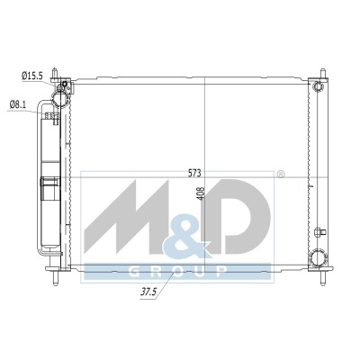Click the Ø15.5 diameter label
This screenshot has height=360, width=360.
point(32,76)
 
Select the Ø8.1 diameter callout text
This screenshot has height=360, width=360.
point(18,104)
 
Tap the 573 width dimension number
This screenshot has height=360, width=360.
point(194,173)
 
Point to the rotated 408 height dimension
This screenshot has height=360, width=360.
point(202,193)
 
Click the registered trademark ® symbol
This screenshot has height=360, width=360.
point(280,175)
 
